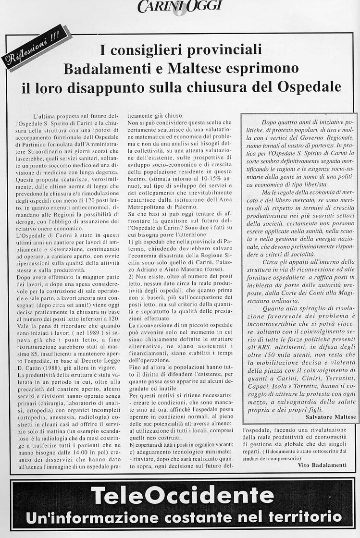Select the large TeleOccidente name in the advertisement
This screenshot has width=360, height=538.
click(x=180, y=495)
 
